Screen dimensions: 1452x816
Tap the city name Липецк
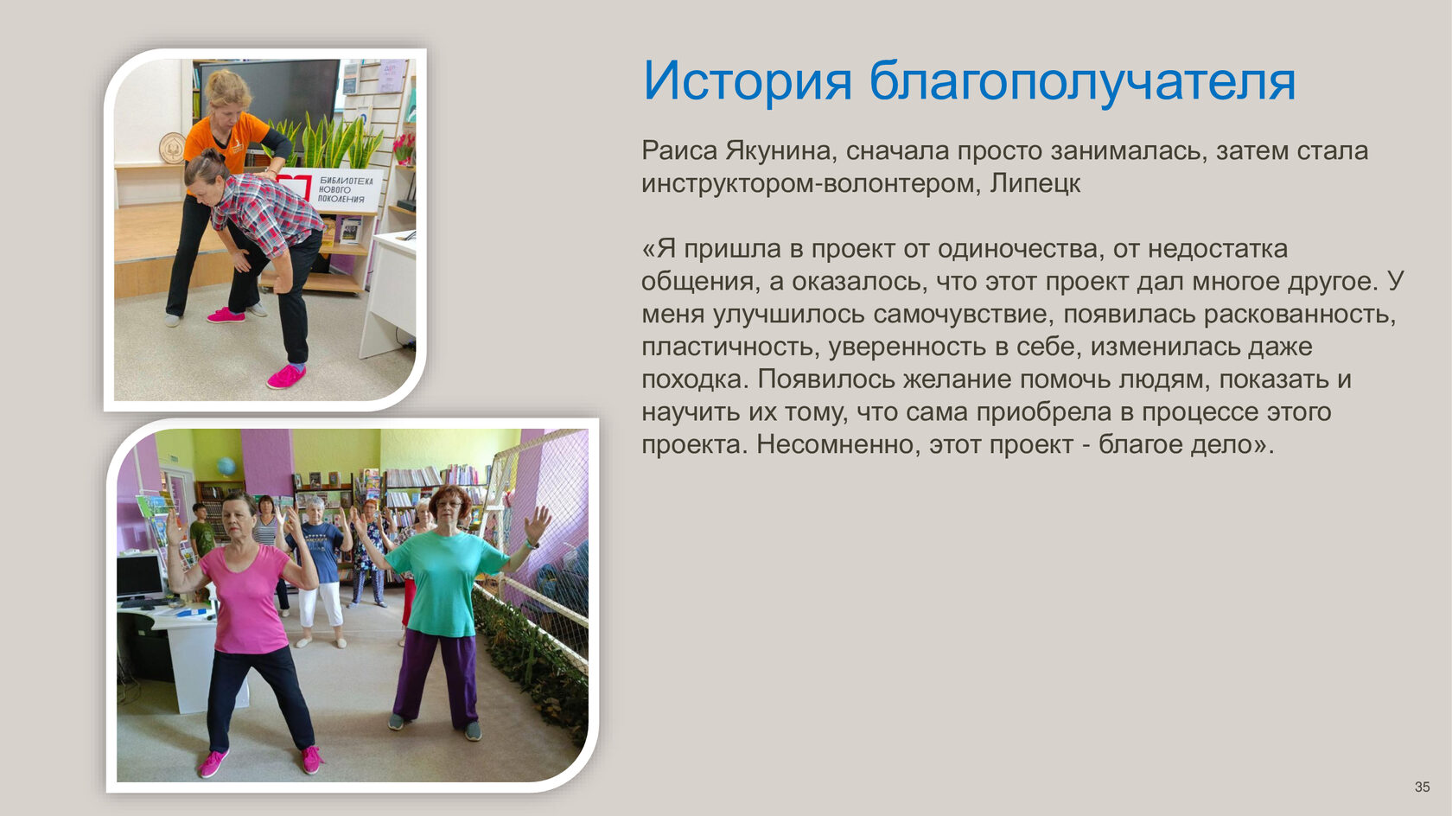[x=1035, y=184]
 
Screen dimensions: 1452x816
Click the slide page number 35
[x=1422, y=787]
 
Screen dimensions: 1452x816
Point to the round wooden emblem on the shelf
[x=173, y=148]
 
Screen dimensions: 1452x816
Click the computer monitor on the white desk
[x=139, y=577]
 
